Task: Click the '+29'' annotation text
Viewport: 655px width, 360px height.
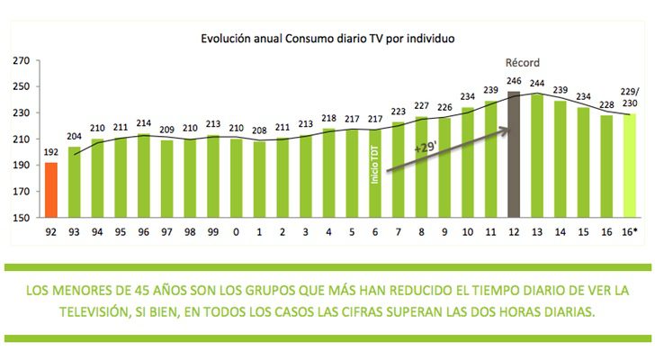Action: click(x=426, y=145)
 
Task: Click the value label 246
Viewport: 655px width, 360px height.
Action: click(x=514, y=81)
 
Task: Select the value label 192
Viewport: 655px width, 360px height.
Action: click(x=50, y=153)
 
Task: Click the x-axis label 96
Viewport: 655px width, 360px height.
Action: click(x=143, y=230)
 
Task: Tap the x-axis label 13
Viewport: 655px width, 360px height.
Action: click(x=537, y=230)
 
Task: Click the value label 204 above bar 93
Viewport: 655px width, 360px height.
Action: click(x=74, y=137)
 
